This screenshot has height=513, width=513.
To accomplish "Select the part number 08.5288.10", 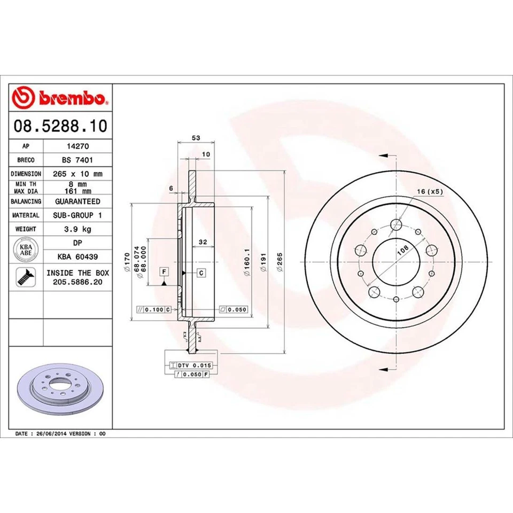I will point(60,127).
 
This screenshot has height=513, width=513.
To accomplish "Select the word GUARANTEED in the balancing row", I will point(77,201).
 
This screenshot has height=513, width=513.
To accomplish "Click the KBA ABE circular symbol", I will point(26,250).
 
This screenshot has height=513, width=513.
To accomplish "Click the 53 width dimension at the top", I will point(196,138).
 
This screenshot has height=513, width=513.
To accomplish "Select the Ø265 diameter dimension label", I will point(280,262).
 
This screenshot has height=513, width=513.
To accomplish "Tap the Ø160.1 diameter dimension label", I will point(246,262).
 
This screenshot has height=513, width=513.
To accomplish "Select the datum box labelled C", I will point(201,273).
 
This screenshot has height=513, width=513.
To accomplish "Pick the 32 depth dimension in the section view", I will point(203,242).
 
